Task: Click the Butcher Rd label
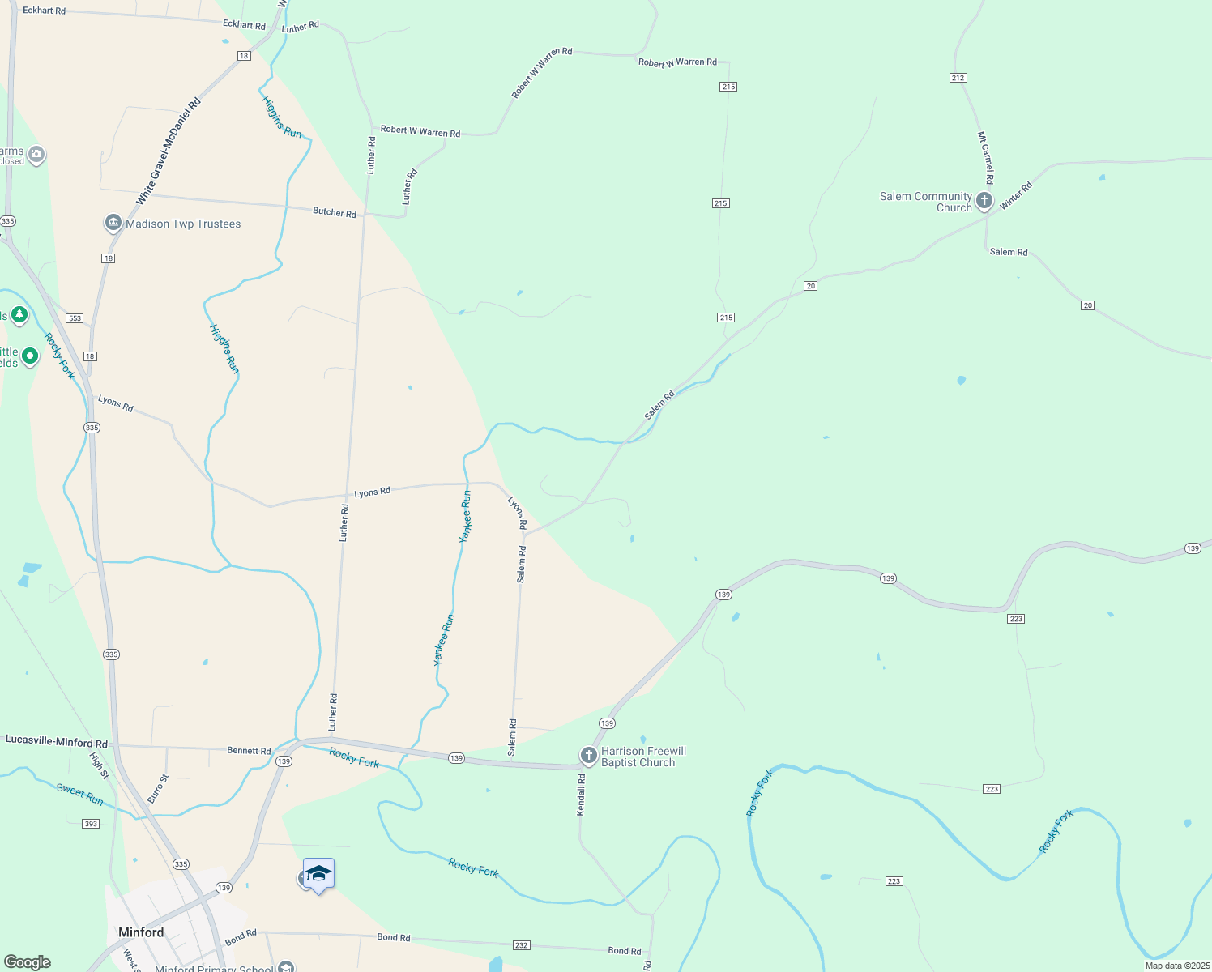(x=335, y=212)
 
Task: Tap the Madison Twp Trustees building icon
(x=113, y=224)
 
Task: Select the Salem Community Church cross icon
(x=984, y=201)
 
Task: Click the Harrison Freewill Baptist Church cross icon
(x=589, y=756)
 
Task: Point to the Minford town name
(x=141, y=932)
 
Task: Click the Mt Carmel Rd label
(x=985, y=158)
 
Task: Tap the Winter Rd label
(x=1016, y=196)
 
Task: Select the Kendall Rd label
(x=581, y=795)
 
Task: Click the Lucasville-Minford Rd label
(x=57, y=741)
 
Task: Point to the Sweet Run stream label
(x=80, y=794)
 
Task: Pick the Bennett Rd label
(x=249, y=751)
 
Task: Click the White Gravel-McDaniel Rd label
(x=168, y=151)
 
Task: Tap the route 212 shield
(x=958, y=78)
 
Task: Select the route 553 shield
(x=75, y=318)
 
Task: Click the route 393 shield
(x=91, y=824)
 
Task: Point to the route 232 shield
(x=522, y=945)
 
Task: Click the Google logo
(x=27, y=962)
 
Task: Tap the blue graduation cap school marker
(x=318, y=874)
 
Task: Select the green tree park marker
(x=19, y=314)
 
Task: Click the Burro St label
(x=158, y=788)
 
